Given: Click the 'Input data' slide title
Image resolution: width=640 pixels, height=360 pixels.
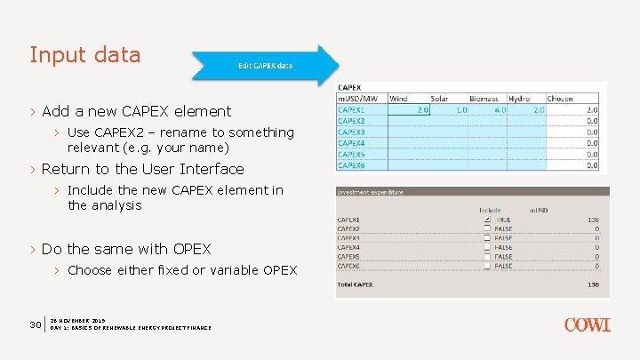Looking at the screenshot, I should [85, 55].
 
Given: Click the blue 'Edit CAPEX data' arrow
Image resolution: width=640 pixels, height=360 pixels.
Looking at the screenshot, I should [265, 66].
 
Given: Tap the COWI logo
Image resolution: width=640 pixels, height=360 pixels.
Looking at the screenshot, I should [587, 325].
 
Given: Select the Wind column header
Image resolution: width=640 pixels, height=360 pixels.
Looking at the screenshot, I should [399, 99].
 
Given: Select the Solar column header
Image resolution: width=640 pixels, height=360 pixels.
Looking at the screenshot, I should [439, 99].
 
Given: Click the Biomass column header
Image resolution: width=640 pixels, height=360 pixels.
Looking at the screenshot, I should [484, 99].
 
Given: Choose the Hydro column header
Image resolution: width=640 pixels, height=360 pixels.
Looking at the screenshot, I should [520, 99].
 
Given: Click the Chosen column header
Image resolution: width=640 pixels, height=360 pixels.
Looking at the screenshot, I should [561, 99].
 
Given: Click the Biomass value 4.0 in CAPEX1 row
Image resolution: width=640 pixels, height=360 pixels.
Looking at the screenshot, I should [500, 110].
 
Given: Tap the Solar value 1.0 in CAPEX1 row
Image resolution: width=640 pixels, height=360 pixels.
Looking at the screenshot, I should [460, 110].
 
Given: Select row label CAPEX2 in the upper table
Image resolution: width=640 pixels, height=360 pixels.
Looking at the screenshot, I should [351, 121].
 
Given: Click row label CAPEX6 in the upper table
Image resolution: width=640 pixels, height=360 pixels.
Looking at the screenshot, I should [351, 164].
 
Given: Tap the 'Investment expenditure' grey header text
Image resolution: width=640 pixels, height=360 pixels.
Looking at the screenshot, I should [370, 191].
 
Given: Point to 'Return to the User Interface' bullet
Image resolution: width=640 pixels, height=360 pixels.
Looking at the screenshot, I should [142, 169].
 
